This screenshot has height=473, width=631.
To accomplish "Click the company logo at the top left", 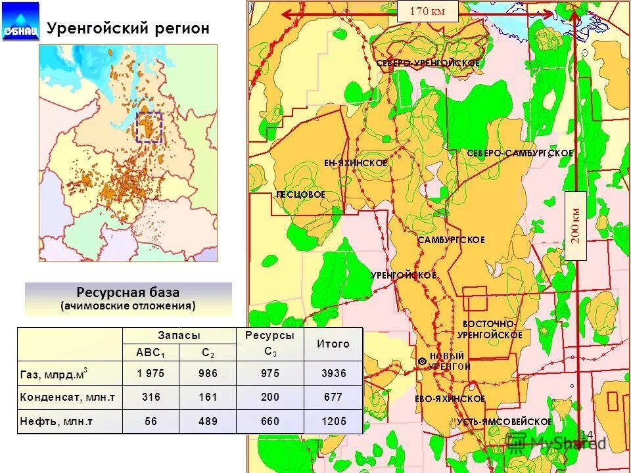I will pos(20,22).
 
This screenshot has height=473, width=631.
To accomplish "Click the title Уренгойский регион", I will pos(128,28).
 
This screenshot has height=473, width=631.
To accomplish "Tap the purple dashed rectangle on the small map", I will pos(149,127).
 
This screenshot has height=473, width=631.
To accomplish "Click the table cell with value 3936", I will pos(333,373).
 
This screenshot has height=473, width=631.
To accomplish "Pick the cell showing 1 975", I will pos(151,373).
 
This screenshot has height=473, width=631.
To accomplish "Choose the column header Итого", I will pos(333,344).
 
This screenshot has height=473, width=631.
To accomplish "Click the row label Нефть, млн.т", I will pos(57,421).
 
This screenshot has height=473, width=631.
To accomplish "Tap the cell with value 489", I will pos(208,421).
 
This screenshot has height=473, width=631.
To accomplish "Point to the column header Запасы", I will pos(179,335).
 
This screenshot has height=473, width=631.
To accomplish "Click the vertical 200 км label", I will pos(575,226).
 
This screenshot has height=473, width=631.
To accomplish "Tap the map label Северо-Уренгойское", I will pos(428,63).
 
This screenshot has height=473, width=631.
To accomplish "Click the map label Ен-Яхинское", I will pos(356,162).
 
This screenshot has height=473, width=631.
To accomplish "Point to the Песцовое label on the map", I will pos(300,195).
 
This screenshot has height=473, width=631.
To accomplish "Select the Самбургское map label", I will pos(452,240).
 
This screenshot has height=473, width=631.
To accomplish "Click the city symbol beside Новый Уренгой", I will pos(421,361).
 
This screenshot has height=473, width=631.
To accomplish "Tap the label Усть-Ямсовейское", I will pos(504,421).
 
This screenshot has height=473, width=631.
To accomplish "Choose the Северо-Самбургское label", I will pos(520,153).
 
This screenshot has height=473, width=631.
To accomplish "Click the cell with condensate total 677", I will pos(333,397).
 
